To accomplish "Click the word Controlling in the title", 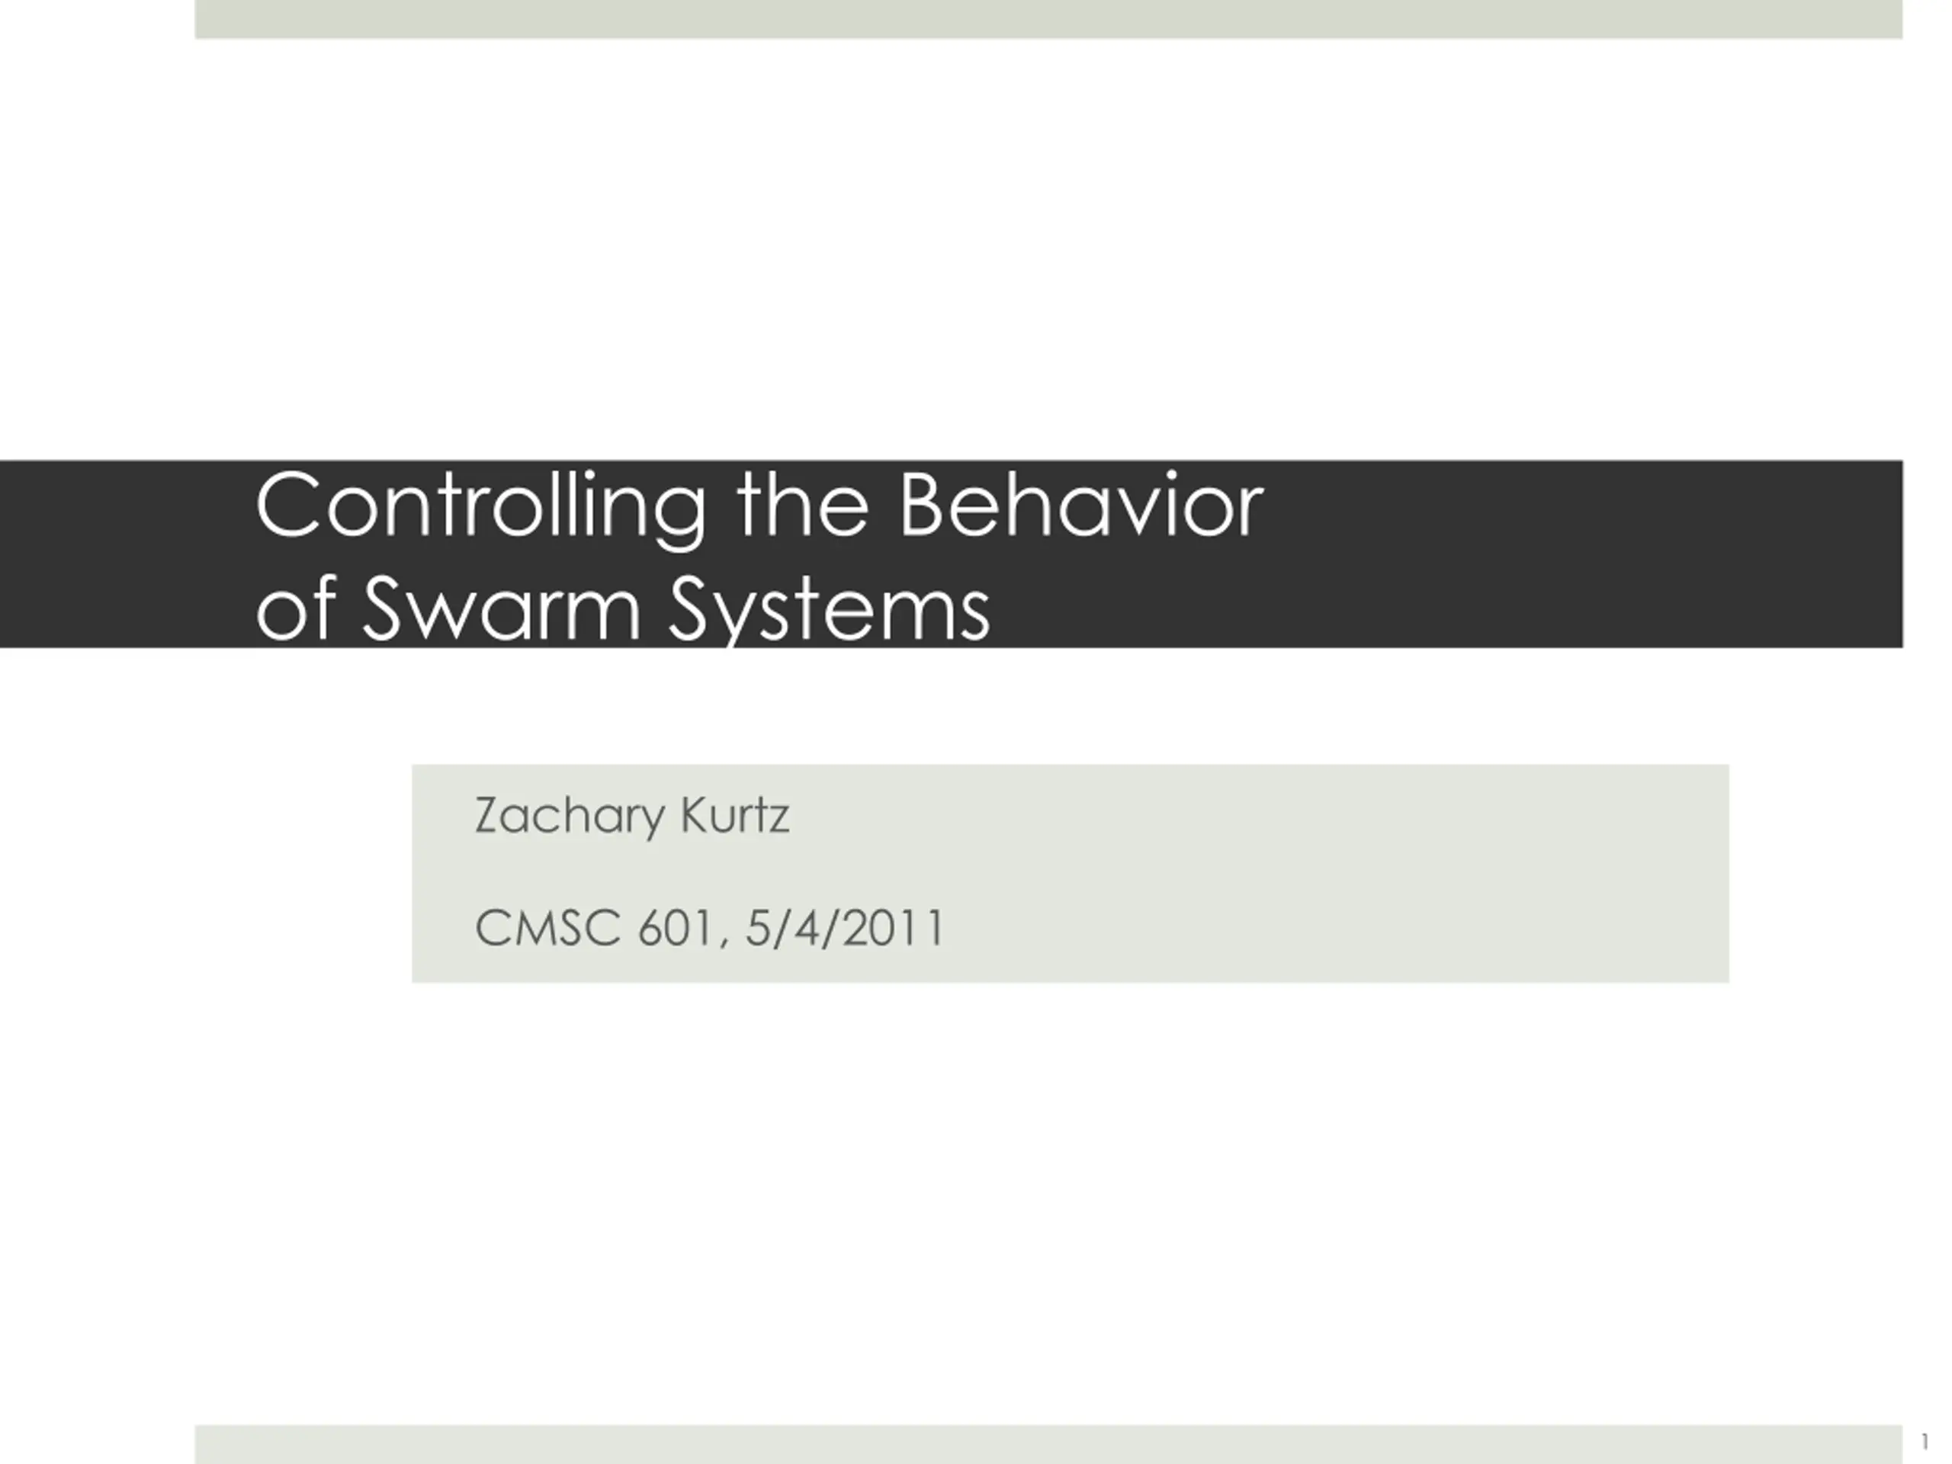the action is [x=481, y=509].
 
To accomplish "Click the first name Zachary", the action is [x=569, y=817].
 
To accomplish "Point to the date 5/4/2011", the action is [x=845, y=929].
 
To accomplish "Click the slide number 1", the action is [x=1925, y=1442].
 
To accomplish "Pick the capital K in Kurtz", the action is [x=695, y=815].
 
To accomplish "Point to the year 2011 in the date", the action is [x=892, y=929].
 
